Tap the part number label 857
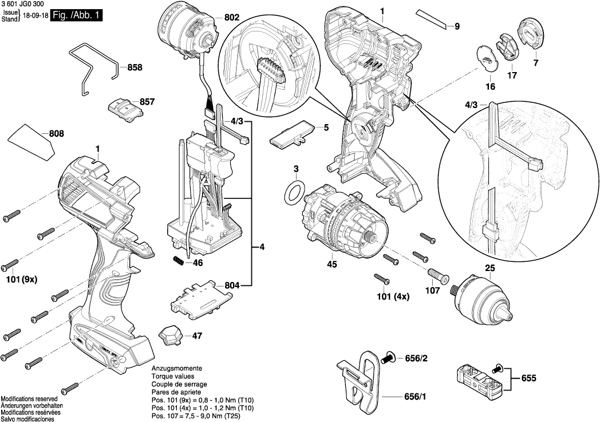tap(147, 102)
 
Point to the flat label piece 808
tap(31, 142)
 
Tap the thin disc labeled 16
tap(486, 59)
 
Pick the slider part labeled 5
tap(290, 133)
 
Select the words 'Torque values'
tap(173, 376)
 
